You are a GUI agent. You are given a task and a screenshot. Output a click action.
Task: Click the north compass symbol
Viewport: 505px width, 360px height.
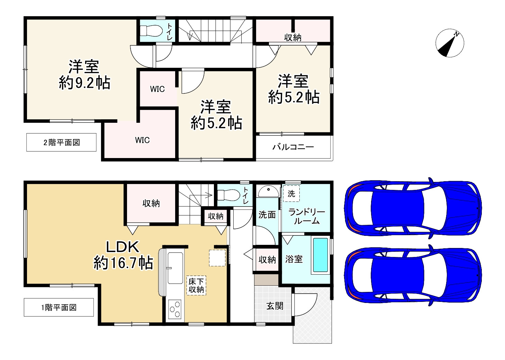450,43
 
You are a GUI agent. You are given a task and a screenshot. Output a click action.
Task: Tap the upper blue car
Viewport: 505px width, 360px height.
413,208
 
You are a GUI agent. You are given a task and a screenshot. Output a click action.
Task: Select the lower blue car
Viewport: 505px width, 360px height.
413,275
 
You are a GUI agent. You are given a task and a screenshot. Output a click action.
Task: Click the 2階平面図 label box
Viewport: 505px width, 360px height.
61,142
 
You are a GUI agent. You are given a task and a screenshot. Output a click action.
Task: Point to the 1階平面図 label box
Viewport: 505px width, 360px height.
59,307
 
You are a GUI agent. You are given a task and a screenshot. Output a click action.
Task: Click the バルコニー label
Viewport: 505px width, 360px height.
293,147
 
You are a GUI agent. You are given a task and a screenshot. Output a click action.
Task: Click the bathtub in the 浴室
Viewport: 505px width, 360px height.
321,255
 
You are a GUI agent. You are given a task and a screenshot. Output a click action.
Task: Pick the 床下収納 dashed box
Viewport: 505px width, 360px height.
196,285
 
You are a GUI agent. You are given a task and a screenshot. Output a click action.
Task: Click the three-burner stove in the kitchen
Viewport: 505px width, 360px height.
175,309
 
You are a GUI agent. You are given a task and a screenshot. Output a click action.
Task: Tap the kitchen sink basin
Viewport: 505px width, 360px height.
175,268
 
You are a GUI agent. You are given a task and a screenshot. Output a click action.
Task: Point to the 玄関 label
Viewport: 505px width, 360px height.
275,306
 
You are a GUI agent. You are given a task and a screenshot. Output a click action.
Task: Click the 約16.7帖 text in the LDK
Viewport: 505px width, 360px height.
123,263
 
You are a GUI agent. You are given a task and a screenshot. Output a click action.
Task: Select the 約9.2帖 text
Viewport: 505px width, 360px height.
84,83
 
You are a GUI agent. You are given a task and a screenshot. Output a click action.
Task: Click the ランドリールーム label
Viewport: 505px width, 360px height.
307,216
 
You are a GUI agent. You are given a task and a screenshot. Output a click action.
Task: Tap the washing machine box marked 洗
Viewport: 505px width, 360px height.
291,194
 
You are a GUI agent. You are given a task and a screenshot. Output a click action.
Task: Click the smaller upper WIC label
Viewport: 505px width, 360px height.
157,89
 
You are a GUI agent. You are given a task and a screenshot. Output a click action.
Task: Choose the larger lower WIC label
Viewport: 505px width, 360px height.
142,140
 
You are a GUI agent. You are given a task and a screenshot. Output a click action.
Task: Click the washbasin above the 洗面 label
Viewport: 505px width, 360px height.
269,191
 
